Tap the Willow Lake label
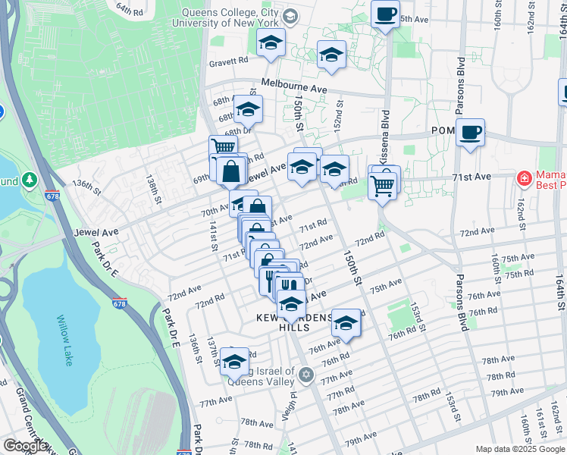click(64, 340)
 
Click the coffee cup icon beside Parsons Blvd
click(470, 133)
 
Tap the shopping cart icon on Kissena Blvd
click(384, 183)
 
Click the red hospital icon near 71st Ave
click(523, 179)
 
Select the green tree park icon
click(30, 180)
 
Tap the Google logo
click(25, 446)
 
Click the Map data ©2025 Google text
click(520, 449)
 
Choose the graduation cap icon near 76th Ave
click(346, 322)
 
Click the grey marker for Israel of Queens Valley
click(306, 374)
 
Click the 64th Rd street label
click(130, 10)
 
